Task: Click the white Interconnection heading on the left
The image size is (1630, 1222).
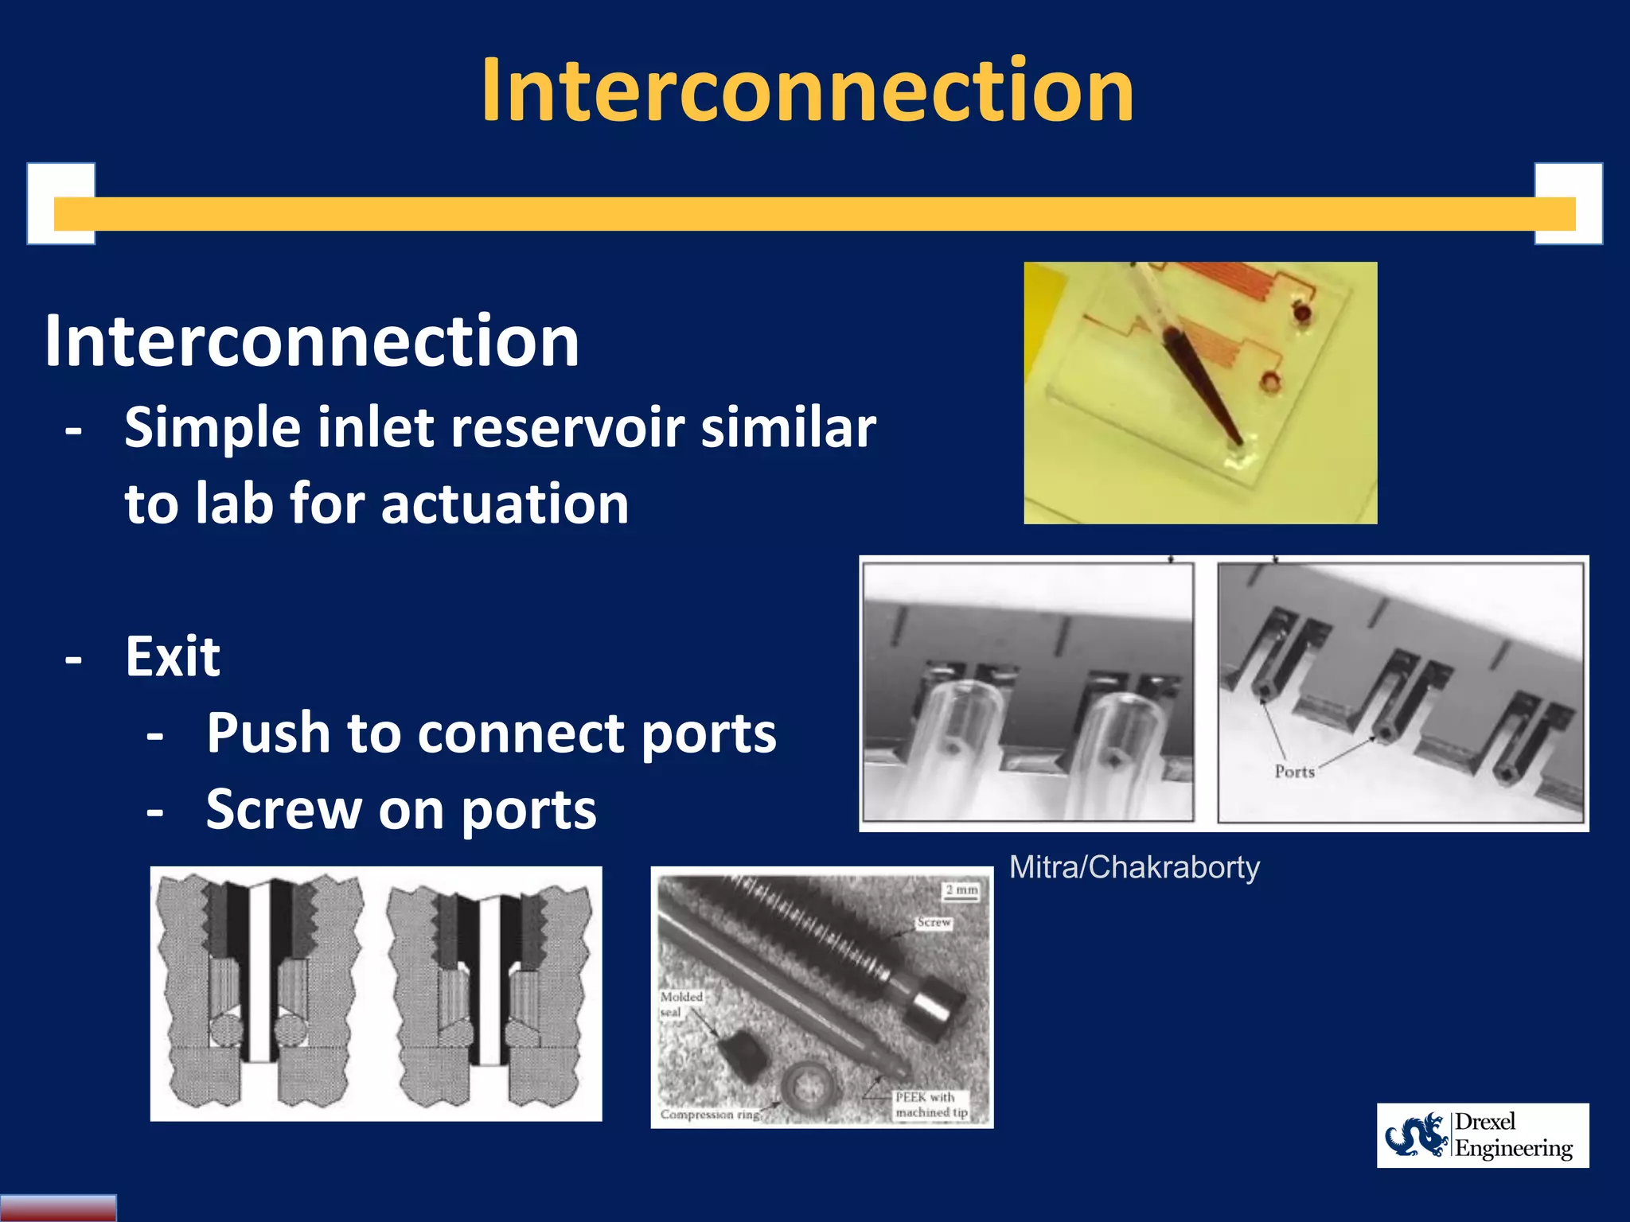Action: [x=312, y=341]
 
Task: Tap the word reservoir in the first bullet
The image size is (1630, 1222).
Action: [x=570, y=428]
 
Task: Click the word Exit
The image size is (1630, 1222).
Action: [x=173, y=657]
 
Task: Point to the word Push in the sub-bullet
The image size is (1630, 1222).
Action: [x=268, y=733]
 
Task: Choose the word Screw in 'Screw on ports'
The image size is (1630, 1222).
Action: [x=284, y=810]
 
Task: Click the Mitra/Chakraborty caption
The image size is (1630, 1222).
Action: [x=1134, y=867]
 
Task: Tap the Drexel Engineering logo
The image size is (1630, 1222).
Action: [x=1482, y=1135]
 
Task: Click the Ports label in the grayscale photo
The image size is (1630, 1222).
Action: [x=1294, y=771]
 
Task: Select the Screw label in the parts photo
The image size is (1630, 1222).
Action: [x=934, y=922]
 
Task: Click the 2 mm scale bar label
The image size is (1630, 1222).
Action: [x=961, y=889]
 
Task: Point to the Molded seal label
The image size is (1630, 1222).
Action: [x=681, y=1004]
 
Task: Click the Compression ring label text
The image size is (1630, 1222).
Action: [x=709, y=1114]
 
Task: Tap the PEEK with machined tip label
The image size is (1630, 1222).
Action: [x=930, y=1104]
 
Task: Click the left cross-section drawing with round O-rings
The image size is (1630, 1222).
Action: [x=259, y=993]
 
